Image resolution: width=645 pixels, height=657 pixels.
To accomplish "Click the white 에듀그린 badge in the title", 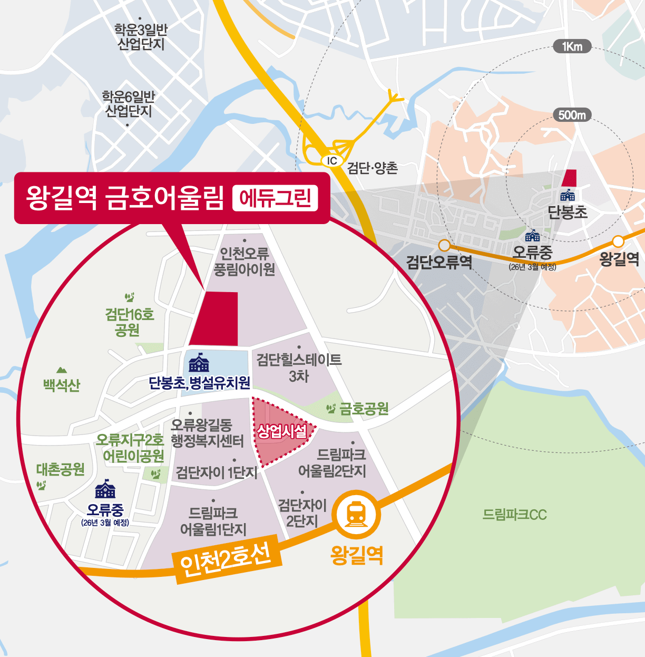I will coord(275,198).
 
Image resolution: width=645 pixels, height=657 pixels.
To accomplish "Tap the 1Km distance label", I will coord(572,46).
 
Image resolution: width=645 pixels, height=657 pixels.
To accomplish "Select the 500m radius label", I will coord(572,115).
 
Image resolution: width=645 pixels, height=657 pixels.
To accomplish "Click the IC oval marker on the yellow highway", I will coord(332,161).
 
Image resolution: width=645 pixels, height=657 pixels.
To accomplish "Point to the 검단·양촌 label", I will coord(373,168).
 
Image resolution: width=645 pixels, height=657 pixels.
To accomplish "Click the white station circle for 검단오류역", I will coord(444,245).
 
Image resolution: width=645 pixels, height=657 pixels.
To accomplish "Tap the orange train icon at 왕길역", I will coord(357,514).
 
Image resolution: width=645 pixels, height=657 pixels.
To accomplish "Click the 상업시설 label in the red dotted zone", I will coord(281,432).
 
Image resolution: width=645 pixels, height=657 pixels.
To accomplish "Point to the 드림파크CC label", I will coord(515,514).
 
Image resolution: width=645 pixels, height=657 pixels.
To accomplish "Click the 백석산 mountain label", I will coord(62,385).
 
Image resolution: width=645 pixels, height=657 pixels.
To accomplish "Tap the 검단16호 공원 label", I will coord(129,322).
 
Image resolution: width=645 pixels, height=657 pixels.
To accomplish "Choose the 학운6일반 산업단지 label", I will coord(129,104).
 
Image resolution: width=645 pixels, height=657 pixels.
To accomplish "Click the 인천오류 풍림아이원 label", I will coord(244,262).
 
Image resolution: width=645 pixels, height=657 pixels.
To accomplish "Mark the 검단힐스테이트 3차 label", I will coord(299,368).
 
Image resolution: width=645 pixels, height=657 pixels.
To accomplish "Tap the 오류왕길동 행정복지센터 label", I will coord(207,433).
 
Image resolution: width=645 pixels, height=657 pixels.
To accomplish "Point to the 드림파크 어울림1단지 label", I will coord(213,521).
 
